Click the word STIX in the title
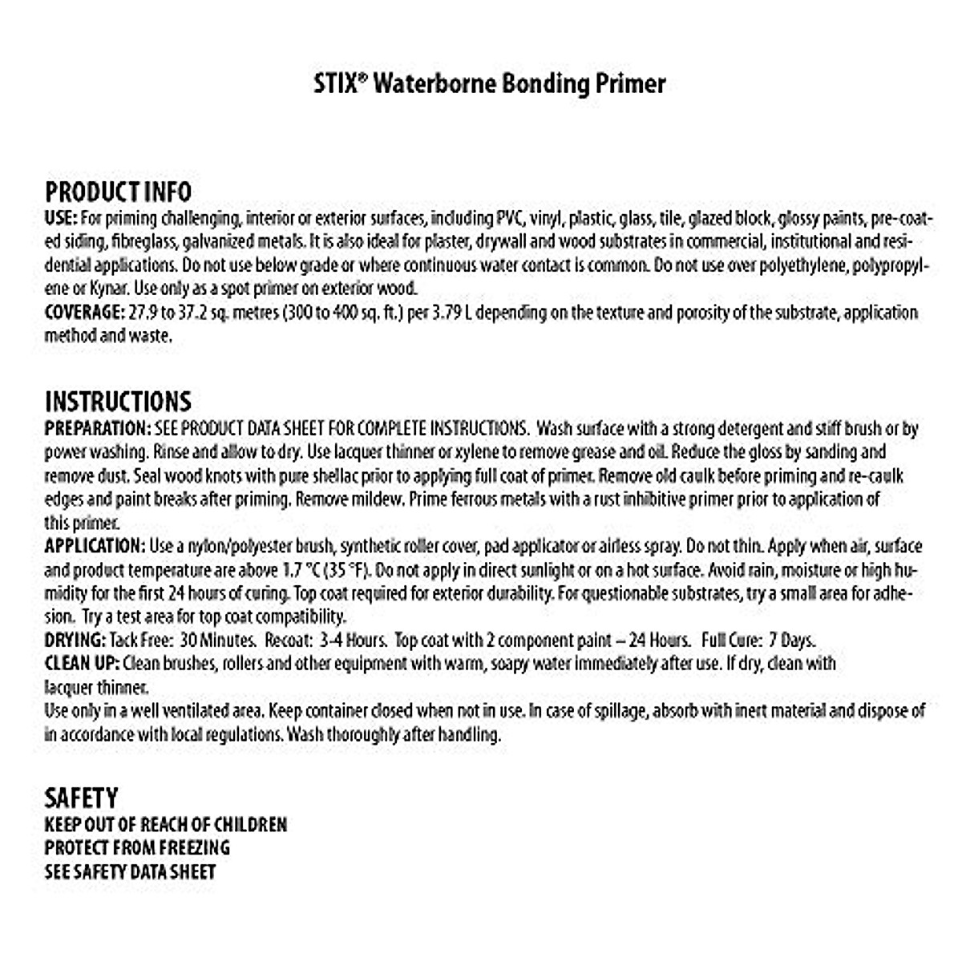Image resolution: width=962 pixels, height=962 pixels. [x=333, y=84]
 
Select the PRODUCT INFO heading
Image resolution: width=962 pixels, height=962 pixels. [x=118, y=192]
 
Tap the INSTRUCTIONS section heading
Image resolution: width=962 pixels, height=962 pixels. [x=118, y=402]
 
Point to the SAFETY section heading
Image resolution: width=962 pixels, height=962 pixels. [x=81, y=798]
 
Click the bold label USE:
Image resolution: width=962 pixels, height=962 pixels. [x=61, y=218]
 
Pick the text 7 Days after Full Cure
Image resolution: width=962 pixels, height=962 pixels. [x=792, y=641]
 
